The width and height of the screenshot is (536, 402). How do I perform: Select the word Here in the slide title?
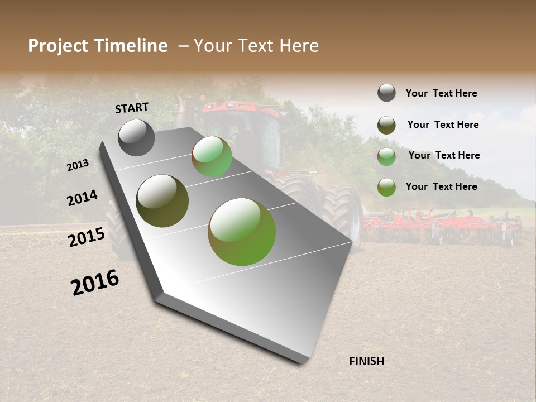299,46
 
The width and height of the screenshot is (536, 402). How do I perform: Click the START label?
132,108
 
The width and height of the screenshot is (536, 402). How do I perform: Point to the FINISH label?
366,361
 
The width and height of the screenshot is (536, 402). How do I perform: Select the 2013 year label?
78,165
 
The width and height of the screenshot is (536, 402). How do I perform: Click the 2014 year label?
82,198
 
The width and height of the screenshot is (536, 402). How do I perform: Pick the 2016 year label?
95,283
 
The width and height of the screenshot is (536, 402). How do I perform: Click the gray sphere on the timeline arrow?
137,137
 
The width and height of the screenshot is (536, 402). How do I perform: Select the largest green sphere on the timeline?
242,232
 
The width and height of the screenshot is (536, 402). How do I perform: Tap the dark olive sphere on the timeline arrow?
162,201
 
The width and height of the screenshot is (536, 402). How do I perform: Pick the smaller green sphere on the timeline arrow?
212,157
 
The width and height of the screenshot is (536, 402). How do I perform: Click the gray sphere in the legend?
386,93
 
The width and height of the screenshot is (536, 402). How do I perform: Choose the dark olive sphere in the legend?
386,125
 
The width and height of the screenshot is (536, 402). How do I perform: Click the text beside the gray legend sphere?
441,93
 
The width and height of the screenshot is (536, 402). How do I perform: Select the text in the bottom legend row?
441,186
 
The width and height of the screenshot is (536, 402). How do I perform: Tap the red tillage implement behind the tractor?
441,223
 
